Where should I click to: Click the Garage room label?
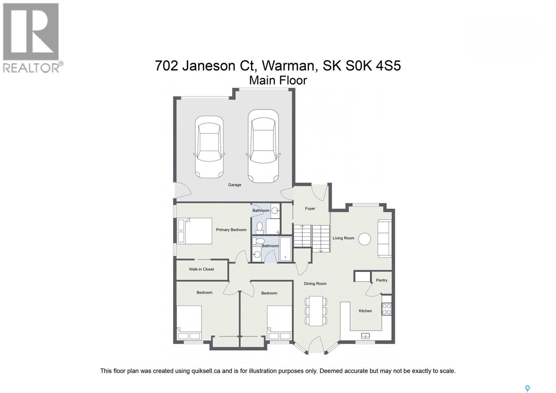[235, 185]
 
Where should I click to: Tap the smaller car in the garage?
[209, 147]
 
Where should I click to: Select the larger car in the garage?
[263, 146]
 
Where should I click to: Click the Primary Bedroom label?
[231, 230]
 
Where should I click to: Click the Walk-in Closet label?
[202, 269]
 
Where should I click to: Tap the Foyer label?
[310, 209]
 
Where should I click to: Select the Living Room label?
[343, 238]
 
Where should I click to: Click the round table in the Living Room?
[365, 239]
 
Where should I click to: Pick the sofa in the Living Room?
[384, 239]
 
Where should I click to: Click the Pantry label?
[382, 280]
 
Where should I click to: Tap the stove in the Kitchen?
[386, 309]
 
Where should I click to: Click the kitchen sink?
[365, 336]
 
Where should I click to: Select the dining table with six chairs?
[316, 311]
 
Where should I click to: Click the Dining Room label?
[315, 283]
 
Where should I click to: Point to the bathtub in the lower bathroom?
[286, 249]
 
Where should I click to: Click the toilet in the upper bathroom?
[259, 227]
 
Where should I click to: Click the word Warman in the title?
[289, 65]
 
